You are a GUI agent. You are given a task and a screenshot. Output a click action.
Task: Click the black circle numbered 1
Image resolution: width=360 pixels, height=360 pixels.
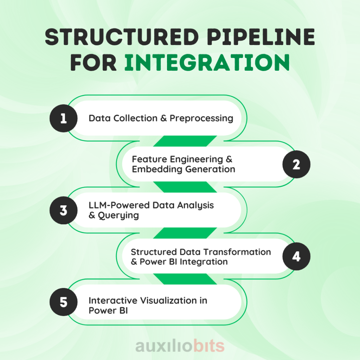coord(63,118)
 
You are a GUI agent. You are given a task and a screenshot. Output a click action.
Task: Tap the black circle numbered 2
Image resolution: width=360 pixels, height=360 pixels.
coord(296,165)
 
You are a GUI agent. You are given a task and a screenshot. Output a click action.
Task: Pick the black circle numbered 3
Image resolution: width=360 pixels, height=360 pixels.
coord(63,211)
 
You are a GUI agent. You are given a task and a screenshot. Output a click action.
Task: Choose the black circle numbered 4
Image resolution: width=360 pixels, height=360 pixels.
coord(296,256)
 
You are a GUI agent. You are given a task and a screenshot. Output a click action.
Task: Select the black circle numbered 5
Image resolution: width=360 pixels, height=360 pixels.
coord(63,302)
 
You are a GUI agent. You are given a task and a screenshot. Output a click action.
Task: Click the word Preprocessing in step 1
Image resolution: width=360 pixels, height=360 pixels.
coord(201,118)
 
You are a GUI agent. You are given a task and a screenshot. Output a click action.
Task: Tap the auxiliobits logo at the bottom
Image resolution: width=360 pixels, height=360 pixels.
coord(180,346)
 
